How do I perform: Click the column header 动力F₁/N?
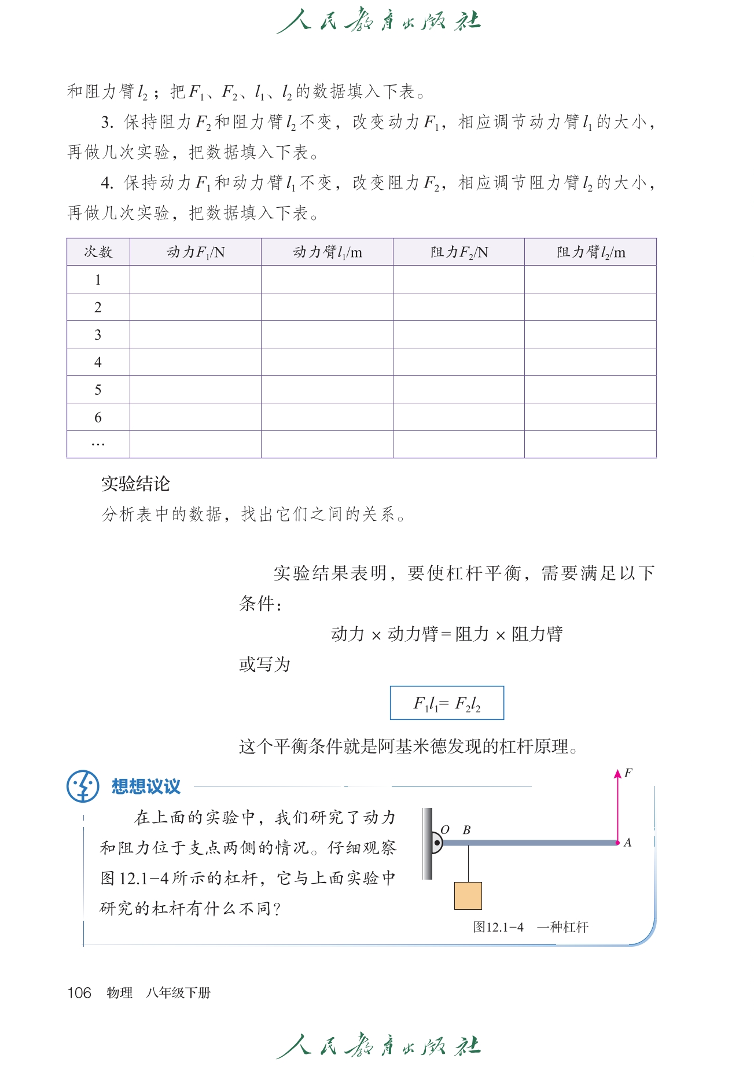click(196, 252)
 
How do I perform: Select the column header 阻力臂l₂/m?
click(591, 252)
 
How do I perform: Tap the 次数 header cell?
click(98, 252)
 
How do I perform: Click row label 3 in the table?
click(98, 334)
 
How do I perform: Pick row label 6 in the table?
click(98, 417)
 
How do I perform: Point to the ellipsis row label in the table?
click(98, 444)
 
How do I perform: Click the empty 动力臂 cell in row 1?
click(327, 280)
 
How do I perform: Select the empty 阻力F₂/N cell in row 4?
click(458, 362)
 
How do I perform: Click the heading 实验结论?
click(135, 484)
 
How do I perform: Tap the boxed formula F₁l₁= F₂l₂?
click(447, 703)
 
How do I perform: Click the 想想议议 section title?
click(146, 786)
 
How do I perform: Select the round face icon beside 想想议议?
click(83, 786)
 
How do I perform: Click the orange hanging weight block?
click(468, 895)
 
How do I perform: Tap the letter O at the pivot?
click(445, 830)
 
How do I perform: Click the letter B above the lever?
click(466, 830)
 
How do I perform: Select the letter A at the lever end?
click(628, 843)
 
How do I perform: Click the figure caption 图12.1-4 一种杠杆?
click(531, 927)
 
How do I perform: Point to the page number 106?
click(79, 993)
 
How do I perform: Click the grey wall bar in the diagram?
click(428, 844)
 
